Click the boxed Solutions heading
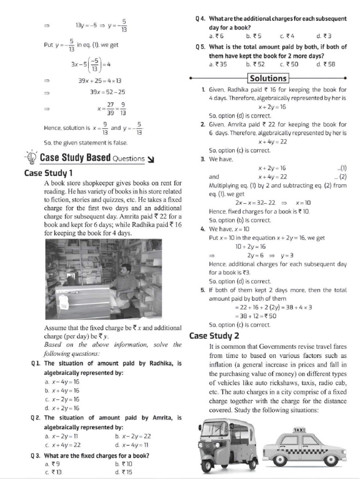[268, 78]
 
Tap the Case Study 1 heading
[48, 173]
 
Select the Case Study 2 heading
[214, 336]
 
